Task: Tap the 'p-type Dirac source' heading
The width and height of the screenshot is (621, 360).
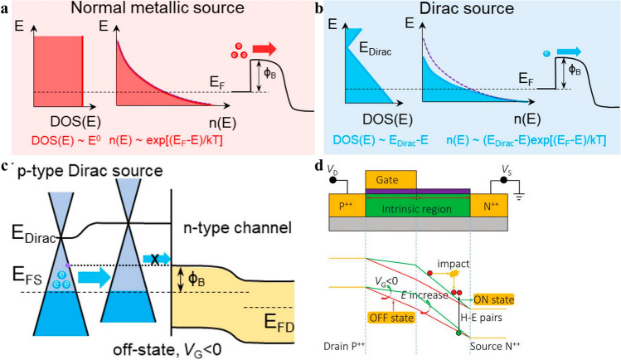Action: tap(86, 169)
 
